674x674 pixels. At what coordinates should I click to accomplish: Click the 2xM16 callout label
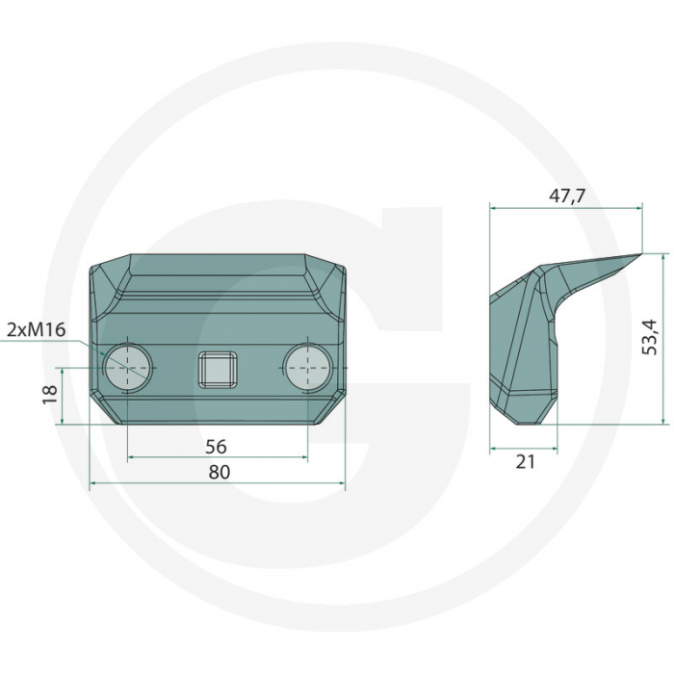tap(37, 330)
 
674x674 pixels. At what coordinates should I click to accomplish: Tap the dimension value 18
tap(50, 394)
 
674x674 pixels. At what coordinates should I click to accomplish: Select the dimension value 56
tap(216, 447)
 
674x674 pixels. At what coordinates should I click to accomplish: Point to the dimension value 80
tap(220, 472)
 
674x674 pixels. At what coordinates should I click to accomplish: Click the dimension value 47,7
tap(567, 196)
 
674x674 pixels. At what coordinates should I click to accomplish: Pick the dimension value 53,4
tap(650, 337)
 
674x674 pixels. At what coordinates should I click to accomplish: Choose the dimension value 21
tap(526, 462)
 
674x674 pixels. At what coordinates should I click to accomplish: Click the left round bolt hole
tap(128, 368)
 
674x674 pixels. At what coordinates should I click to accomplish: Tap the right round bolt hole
tap(308, 368)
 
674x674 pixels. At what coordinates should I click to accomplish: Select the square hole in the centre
tap(218, 369)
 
